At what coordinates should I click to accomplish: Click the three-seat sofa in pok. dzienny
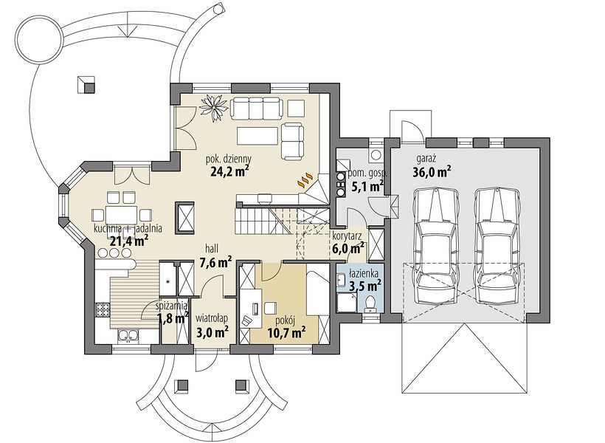pyautogui.click(x=257, y=109)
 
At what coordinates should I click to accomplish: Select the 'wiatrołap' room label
pyautogui.click(x=212, y=318)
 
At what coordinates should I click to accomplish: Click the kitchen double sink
pyautogui.click(x=127, y=335)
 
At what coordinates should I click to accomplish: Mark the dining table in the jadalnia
pyautogui.click(x=120, y=213)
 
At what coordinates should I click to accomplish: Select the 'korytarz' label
pyautogui.click(x=347, y=235)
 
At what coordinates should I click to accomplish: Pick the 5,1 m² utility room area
pyautogui.click(x=367, y=187)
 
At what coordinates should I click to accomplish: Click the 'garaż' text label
pyautogui.click(x=426, y=159)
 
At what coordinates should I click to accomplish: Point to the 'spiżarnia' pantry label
pyautogui.click(x=173, y=306)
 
